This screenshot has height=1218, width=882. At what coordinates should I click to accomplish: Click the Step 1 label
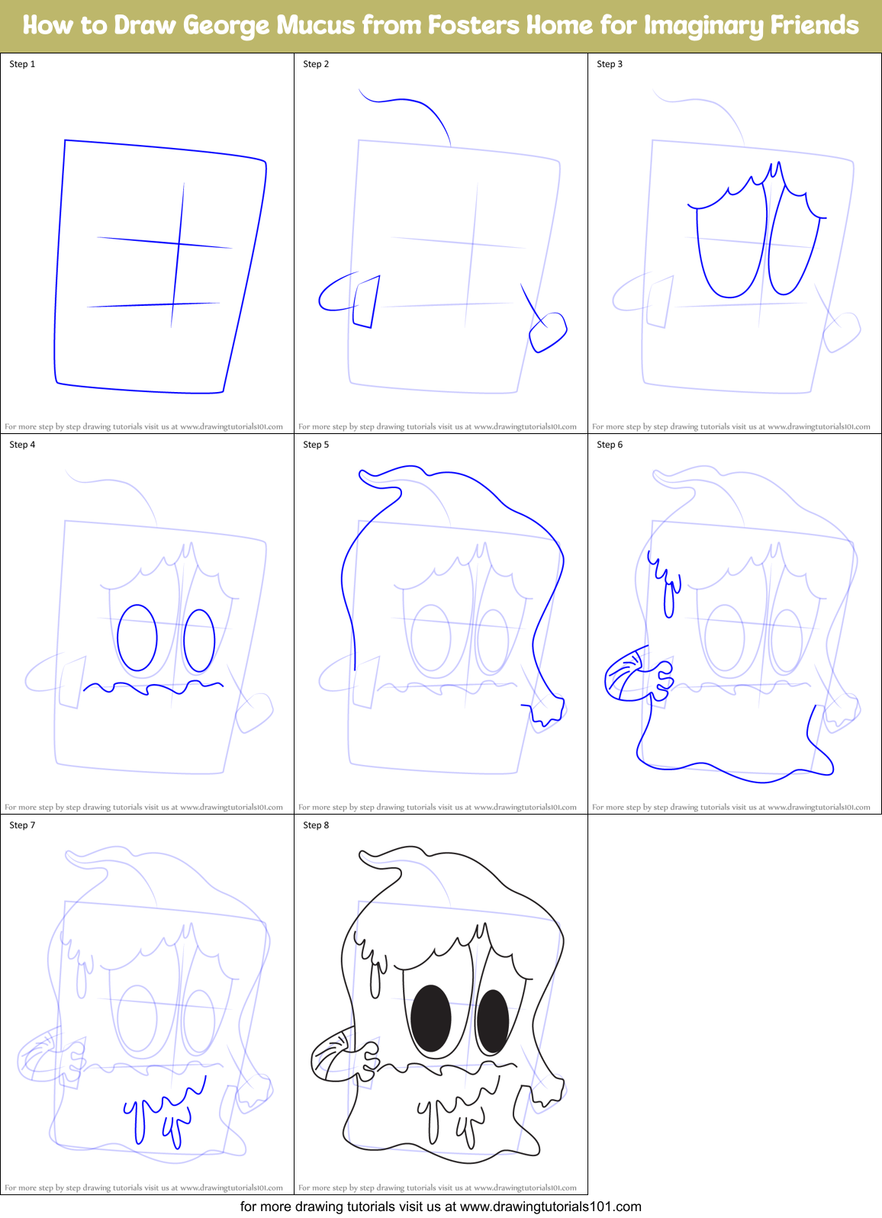click(22, 64)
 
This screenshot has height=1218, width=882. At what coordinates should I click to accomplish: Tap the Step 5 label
click(316, 445)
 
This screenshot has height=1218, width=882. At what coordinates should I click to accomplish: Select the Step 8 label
click(316, 825)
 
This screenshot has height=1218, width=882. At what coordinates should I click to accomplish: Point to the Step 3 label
click(610, 64)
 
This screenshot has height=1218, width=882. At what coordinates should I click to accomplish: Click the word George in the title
click(226, 25)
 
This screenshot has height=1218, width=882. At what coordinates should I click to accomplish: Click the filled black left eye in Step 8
click(430, 1018)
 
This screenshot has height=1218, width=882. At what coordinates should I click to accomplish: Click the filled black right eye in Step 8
click(493, 1021)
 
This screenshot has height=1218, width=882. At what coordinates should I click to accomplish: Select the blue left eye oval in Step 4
click(137, 638)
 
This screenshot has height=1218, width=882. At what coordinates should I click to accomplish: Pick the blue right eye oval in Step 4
click(199, 641)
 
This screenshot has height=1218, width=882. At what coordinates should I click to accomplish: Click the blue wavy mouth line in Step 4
click(153, 688)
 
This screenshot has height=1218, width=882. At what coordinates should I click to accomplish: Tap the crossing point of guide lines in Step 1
click(179, 243)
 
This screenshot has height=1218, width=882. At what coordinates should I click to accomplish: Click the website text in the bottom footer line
click(550, 1207)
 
